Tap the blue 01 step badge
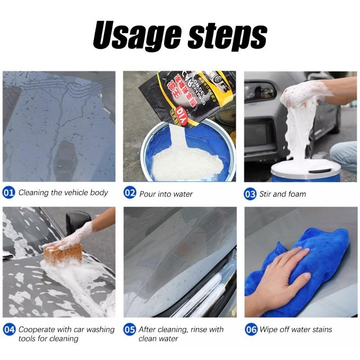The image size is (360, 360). click(9, 193)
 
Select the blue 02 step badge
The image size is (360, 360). click(130, 193)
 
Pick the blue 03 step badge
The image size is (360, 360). click(250, 194)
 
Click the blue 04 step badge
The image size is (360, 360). click(9, 330)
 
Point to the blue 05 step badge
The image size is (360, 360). click(130, 330)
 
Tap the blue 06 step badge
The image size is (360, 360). click(251, 330)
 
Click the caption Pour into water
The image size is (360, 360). click(166, 194)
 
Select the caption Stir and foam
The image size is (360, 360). click(282, 194)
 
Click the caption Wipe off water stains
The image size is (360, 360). click(295, 329)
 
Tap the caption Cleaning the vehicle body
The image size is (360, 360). click(63, 193)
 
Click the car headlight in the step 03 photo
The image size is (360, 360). click(260, 91)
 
